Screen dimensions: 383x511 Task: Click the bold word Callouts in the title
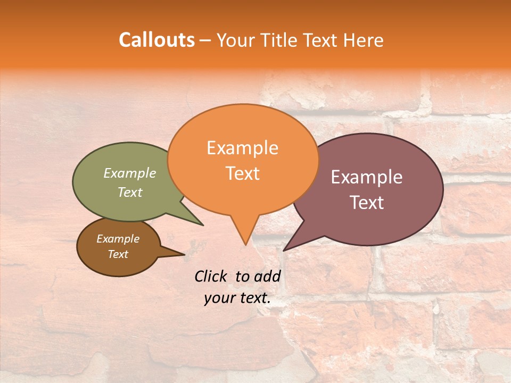156,40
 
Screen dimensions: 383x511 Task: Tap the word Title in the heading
282,40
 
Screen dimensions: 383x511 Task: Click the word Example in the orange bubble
242,148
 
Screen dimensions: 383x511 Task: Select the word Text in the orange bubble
242,173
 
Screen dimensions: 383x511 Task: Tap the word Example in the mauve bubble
367,177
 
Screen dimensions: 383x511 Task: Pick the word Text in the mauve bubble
367,203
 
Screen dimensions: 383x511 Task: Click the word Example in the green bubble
130,173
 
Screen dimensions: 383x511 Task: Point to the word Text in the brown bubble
118,254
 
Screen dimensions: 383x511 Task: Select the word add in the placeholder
267,276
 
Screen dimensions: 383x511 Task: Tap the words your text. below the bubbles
237,298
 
